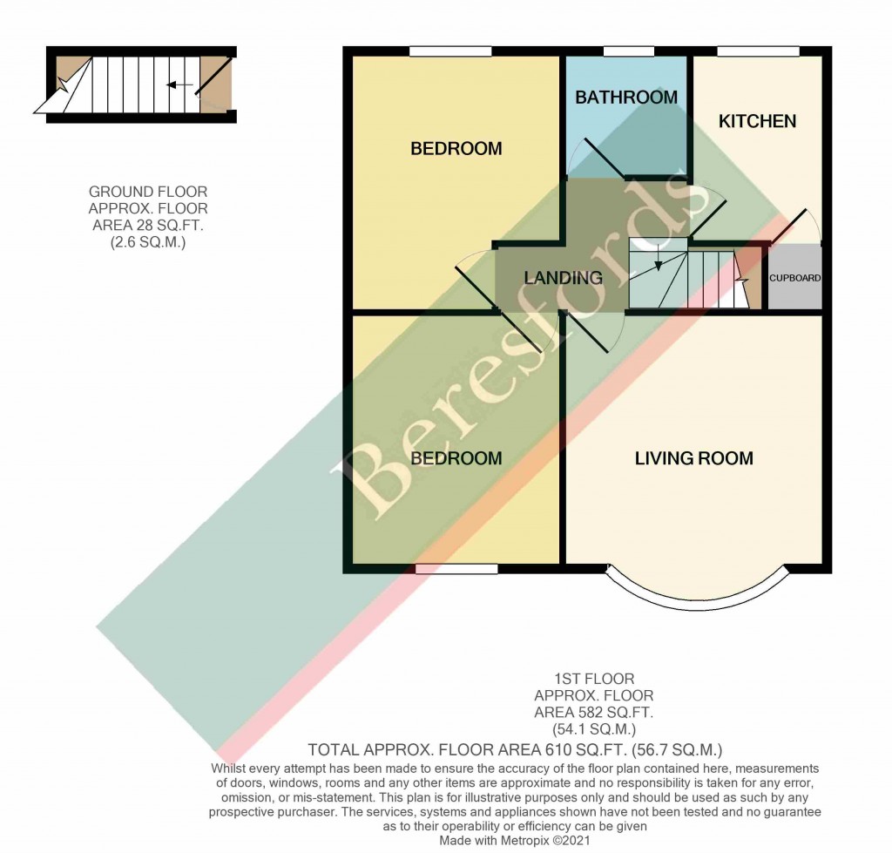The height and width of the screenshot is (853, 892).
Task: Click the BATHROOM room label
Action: pos(625,98)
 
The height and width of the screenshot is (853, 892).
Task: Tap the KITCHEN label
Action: pos(756,121)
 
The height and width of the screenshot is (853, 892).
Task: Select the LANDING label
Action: pos(564,278)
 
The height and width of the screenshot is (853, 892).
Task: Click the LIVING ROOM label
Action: pos(693,458)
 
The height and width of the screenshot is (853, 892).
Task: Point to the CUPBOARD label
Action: pos(794,279)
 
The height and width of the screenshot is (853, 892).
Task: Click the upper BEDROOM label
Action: pos(456,149)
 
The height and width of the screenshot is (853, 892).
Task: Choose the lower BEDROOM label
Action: pos(456,458)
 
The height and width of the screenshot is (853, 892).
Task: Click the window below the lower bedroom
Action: pos(456,569)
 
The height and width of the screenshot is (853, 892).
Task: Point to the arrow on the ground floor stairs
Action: pos(179,85)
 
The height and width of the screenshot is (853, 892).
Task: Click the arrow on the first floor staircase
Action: pos(658,257)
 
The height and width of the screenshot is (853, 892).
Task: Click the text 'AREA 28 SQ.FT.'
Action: pos(148,226)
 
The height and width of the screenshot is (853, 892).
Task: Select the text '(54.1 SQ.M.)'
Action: pos(593,729)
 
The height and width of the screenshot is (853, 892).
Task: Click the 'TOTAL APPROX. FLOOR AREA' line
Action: pos(516,749)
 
